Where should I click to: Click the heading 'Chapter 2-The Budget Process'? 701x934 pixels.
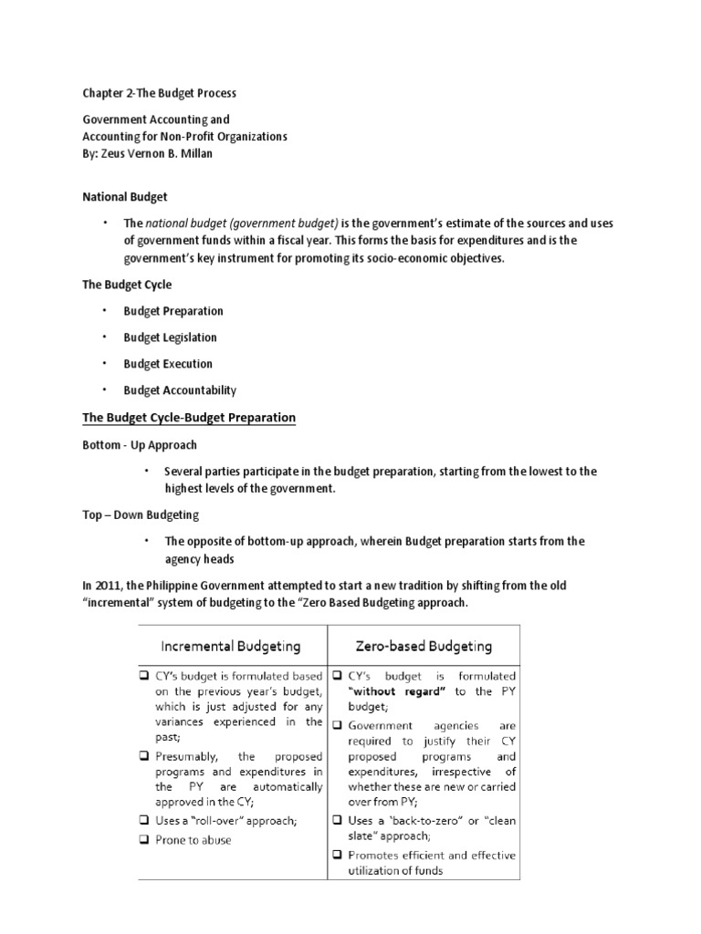coord(160,94)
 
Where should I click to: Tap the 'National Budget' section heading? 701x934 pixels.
coord(125,196)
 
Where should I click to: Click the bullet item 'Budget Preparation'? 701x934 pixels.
coord(173,311)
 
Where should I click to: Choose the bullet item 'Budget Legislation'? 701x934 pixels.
coord(170,337)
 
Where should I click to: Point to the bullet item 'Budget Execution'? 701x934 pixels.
coord(168,364)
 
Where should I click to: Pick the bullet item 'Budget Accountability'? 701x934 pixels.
coord(180,390)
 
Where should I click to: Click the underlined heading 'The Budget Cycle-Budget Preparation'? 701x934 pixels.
coord(189,418)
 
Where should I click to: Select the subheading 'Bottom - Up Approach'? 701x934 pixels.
coord(140,445)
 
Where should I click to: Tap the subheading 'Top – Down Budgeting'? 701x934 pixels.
coord(141,515)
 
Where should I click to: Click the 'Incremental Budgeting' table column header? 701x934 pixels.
coord(231,647)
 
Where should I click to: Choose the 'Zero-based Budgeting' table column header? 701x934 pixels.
coord(423,647)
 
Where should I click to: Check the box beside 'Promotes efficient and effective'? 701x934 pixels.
coord(338,855)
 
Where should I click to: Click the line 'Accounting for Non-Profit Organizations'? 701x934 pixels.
coord(185,137)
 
